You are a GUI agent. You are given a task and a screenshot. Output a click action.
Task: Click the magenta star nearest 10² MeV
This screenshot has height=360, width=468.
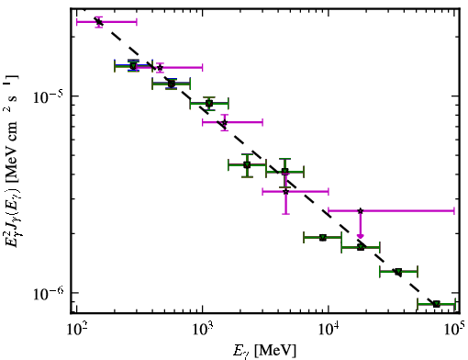(x=98, y=22)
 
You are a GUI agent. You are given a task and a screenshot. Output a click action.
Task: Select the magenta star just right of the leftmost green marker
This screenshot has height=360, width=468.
(x=160, y=67)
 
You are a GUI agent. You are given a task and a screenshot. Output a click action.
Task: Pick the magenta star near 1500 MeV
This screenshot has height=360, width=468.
(x=225, y=122)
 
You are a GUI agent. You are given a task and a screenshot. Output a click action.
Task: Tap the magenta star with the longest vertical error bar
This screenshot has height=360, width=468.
(x=285, y=192)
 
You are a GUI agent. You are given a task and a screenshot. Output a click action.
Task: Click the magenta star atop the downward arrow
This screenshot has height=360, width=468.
(x=361, y=211)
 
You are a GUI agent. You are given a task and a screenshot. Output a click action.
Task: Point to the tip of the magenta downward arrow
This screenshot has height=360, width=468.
(x=361, y=239)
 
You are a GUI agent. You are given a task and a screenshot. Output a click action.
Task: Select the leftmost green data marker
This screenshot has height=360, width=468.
(x=133, y=66)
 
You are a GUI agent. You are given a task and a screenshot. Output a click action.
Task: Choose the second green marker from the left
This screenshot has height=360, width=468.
(x=172, y=84)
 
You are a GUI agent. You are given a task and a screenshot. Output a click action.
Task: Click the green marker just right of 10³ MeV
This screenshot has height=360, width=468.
(x=209, y=104)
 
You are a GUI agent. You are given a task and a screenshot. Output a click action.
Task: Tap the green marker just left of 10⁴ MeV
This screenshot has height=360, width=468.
(x=322, y=237)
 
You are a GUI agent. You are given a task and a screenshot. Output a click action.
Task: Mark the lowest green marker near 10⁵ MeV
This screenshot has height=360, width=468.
(x=437, y=304)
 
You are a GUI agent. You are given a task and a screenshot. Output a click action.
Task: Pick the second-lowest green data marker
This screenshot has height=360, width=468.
(x=398, y=272)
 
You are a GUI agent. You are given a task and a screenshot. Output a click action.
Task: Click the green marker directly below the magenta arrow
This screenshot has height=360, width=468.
(x=361, y=247)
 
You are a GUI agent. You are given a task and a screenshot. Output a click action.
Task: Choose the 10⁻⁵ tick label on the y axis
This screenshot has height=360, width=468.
(x=49, y=96)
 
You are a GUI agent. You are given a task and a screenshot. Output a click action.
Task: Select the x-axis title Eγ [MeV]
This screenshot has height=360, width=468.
(x=264, y=350)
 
